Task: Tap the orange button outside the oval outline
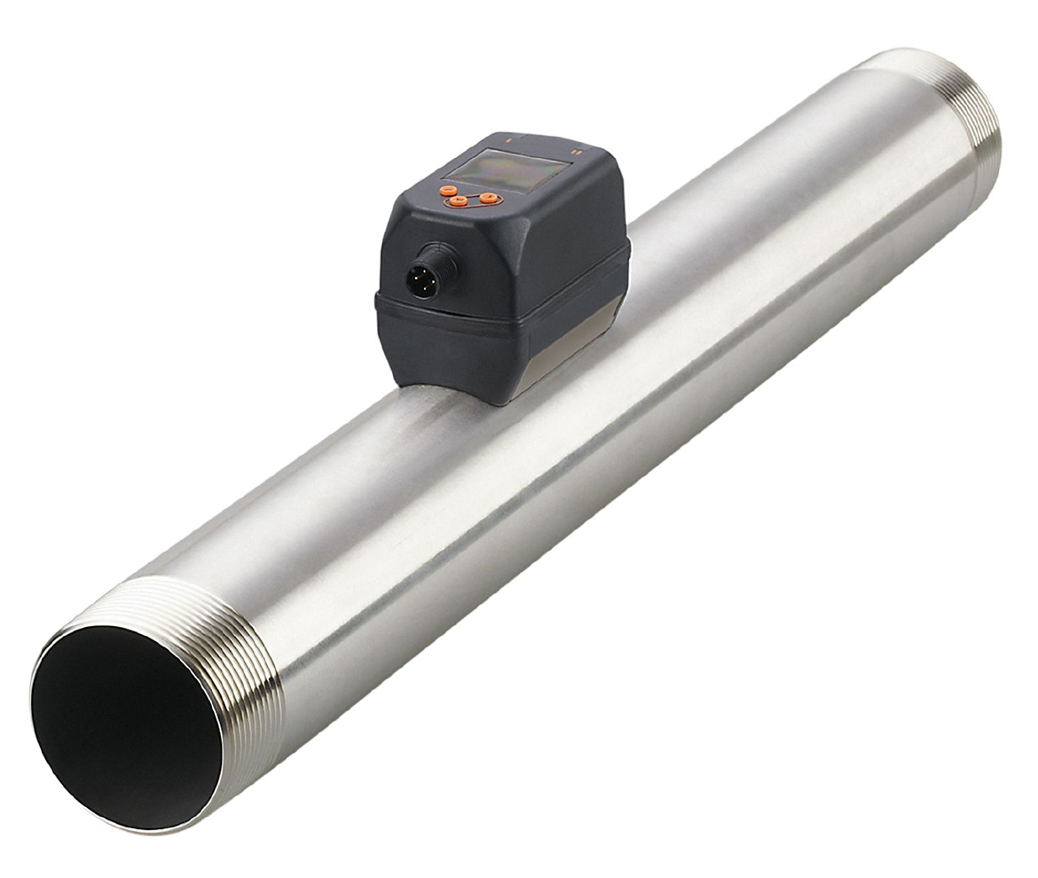tap(445, 190)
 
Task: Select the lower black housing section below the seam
tap(461, 350)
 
